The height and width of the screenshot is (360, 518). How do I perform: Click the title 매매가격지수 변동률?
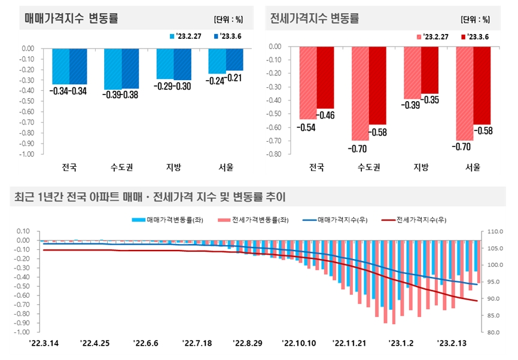(71, 19)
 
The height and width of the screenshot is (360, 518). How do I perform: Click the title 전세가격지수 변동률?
(315, 19)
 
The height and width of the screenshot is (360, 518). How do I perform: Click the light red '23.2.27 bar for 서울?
(465, 93)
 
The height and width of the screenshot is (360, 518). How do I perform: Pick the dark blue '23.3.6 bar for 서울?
(234, 59)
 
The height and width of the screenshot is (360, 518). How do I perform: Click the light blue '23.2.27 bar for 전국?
(61, 66)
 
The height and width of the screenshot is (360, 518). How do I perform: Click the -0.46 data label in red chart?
(325, 115)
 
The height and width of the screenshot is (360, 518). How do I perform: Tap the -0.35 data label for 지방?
(430, 99)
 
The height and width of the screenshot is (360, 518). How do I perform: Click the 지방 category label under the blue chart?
(173, 167)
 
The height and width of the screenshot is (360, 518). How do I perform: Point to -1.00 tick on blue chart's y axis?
(26, 154)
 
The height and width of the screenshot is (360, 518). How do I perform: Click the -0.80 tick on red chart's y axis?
(273, 154)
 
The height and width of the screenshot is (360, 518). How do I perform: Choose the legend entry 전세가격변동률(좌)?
(257, 220)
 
